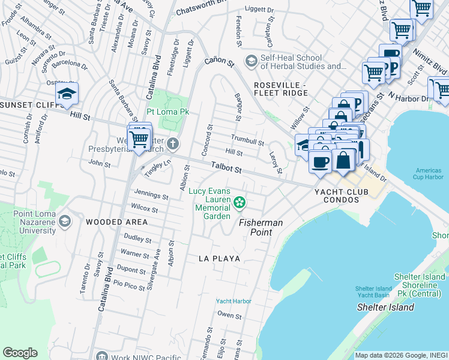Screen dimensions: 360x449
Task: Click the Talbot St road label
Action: pyautogui.click(x=226, y=169)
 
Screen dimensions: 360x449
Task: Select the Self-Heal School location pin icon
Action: pyautogui.click(x=251, y=61)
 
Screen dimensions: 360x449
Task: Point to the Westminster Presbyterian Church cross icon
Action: pyautogui.click(x=173, y=143)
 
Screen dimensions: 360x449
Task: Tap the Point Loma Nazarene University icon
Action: pyautogui.click(x=64, y=222)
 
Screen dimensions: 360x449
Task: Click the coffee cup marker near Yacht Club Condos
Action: pyautogui.click(x=319, y=161)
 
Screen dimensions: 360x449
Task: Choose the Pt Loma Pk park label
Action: pyautogui.click(x=168, y=112)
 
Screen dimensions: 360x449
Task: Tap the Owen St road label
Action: pyautogui.click(x=229, y=315)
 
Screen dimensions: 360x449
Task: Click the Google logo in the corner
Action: pyautogui.click(x=20, y=353)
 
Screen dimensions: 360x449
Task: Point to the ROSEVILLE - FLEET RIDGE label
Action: pyautogui.click(x=280, y=89)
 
